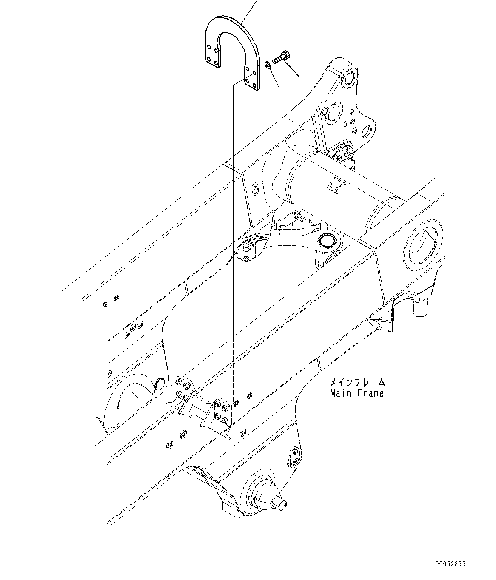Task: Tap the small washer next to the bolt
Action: (x=266, y=64)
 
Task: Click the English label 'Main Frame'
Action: (x=356, y=394)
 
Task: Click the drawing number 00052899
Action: (x=450, y=564)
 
